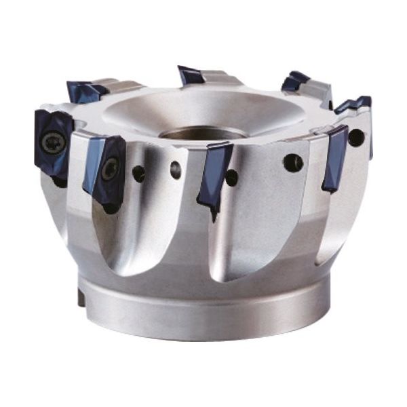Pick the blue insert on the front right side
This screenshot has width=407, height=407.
point(334,157)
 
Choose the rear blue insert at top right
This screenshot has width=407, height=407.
point(295,81)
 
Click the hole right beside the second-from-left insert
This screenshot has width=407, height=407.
point(139,174)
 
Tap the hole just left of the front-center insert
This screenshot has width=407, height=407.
point(176,170)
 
